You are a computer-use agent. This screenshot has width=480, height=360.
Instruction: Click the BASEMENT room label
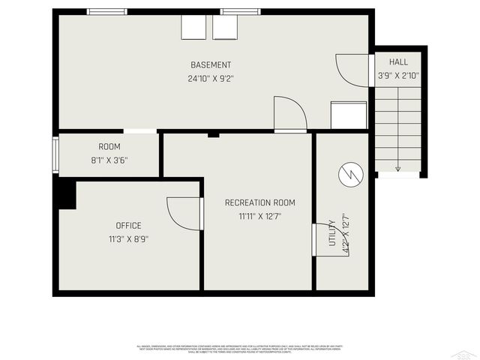pyautogui.click(x=211, y=65)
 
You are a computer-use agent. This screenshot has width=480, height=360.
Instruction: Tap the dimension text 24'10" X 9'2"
pyautogui.click(x=211, y=78)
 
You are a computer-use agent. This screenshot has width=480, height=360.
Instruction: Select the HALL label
pyautogui.click(x=397, y=62)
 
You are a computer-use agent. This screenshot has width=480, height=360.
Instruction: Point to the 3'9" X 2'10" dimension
pyautogui.click(x=397, y=75)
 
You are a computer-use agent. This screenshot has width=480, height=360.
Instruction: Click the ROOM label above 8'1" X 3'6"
pyautogui.click(x=109, y=146)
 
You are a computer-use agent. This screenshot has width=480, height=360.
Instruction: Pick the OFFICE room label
pyautogui.click(x=128, y=226)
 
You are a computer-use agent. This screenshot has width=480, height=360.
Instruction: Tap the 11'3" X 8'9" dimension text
pyautogui.click(x=128, y=239)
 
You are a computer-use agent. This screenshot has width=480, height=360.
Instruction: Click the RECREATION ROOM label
pyautogui.click(x=259, y=202)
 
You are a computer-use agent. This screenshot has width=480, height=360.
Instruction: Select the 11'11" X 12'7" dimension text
pyautogui.click(x=259, y=216)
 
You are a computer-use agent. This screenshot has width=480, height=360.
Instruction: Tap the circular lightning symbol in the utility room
pyautogui.click(x=350, y=175)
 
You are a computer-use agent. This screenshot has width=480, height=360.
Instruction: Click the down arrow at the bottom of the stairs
pyautogui.click(x=397, y=168)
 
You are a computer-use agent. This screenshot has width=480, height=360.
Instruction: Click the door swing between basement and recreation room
pyautogui.click(x=291, y=115)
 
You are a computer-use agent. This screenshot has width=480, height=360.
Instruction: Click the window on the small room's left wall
pyautogui.click(x=55, y=155)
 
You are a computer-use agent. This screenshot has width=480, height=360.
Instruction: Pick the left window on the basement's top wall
pyautogui.click(x=107, y=11)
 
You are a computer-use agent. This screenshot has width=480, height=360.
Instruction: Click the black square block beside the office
pyautogui.click(x=65, y=194)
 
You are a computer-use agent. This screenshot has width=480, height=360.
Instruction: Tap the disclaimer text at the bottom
pyautogui.click(x=239, y=348)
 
